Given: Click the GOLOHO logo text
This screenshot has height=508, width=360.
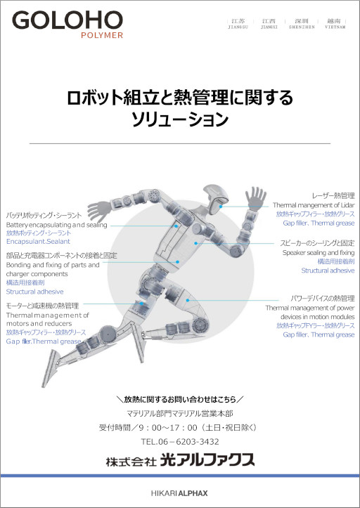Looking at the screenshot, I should pyautogui.click(x=67, y=20).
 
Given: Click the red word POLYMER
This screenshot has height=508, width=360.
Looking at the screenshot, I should pyautogui.click(x=102, y=34).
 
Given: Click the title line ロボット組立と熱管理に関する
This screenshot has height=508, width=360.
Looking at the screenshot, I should pyautogui.click(x=179, y=97).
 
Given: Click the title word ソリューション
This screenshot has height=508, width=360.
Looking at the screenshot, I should pyautogui.click(x=180, y=120).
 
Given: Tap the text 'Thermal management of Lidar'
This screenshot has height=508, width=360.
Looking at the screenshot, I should pyautogui.click(x=314, y=204).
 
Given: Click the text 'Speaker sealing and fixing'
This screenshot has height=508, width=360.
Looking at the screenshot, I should pyautogui.click(x=319, y=252).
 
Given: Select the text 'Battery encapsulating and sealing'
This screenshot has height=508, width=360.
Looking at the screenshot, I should pyautogui.click(x=57, y=225).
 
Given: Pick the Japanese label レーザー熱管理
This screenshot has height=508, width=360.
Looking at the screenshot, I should pyautogui.click(x=333, y=195).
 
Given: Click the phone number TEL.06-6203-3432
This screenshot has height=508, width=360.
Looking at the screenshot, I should pyautogui.click(x=180, y=442).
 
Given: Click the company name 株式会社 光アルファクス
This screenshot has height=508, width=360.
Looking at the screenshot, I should pyautogui.click(x=180, y=460).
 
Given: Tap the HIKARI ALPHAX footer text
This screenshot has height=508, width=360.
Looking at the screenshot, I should pyautogui.click(x=180, y=493).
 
